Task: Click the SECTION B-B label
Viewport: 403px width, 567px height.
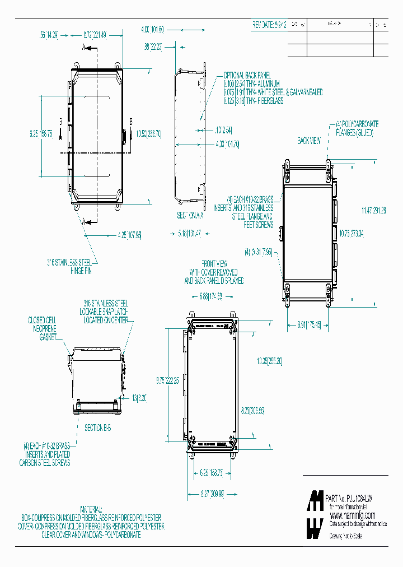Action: (98, 427)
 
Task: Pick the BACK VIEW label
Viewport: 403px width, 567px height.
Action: (309, 141)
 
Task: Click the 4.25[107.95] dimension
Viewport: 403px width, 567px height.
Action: (129, 234)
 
